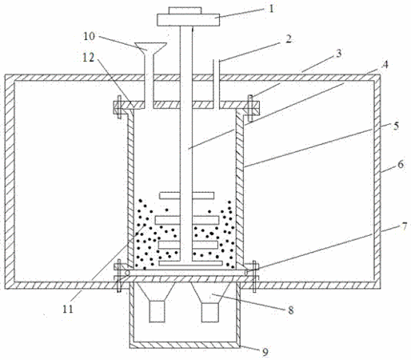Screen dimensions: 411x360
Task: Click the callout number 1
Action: (271, 9)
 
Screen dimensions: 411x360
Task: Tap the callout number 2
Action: (288, 39)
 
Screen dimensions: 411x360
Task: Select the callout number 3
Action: (338, 54)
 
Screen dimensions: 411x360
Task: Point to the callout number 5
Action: (396, 126)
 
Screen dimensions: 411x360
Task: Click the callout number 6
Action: (401, 165)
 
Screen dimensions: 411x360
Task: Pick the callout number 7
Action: (405, 226)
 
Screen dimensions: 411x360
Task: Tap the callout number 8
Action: (290, 310)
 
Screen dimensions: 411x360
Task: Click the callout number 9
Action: (265, 353)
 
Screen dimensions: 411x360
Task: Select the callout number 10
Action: (89, 36)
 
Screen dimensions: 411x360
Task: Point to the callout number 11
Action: (68, 309)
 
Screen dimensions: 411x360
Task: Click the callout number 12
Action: (88, 58)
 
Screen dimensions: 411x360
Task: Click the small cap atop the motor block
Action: (185, 10)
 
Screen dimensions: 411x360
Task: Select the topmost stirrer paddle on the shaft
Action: (186, 195)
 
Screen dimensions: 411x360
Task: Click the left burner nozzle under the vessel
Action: (157, 312)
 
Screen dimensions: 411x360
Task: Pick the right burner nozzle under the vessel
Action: (210, 312)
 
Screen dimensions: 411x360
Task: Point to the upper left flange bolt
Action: (119, 106)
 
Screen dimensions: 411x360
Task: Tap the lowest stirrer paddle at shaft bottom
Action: (190, 263)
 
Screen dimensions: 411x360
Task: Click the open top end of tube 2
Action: (216, 61)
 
